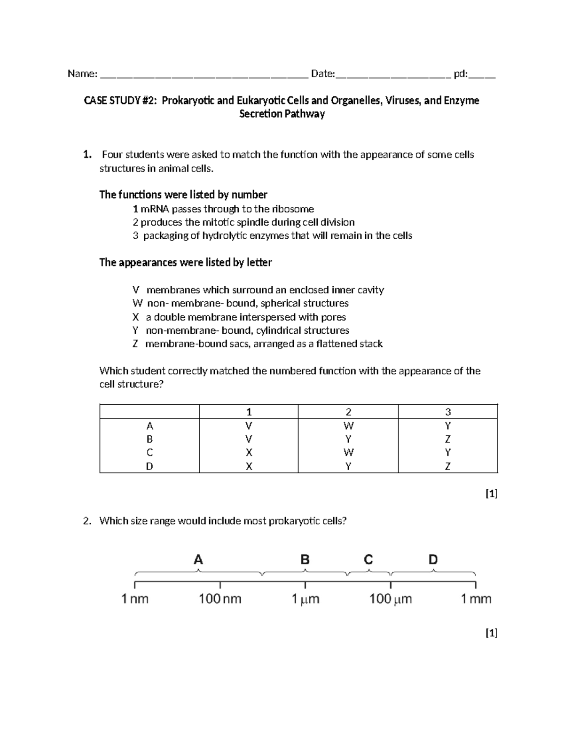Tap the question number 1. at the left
(x=86, y=155)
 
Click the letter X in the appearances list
(x=135, y=317)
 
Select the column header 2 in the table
(x=348, y=412)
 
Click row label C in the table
(x=149, y=453)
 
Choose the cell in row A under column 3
(x=448, y=426)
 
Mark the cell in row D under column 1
(x=249, y=466)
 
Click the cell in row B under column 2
(x=348, y=440)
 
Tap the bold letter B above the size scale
(x=305, y=560)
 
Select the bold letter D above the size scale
(x=433, y=560)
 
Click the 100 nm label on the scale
(x=220, y=599)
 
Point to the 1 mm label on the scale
(x=476, y=599)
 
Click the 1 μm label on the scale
(x=305, y=599)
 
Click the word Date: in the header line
(x=323, y=74)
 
